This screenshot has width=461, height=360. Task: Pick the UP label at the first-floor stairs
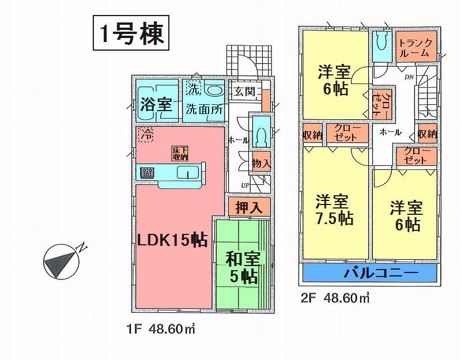click(x=245, y=185)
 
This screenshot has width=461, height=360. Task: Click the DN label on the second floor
click(x=409, y=77)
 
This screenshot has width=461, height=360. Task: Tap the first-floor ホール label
click(x=238, y=140)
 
